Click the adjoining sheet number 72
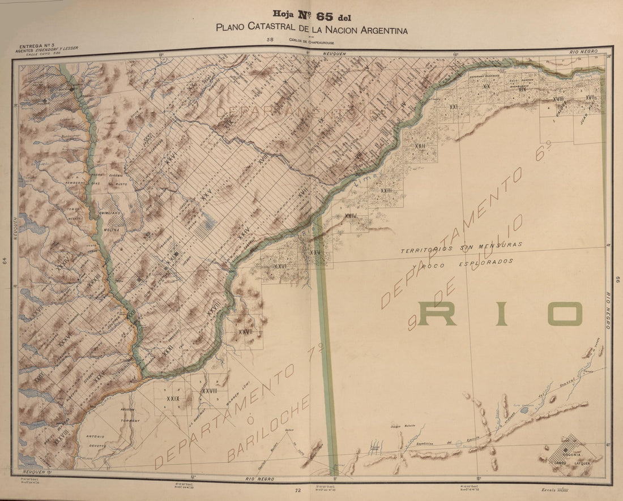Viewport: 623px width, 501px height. pos(297,490)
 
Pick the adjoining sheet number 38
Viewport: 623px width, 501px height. pos(270,40)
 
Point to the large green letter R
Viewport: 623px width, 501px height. pos(437,314)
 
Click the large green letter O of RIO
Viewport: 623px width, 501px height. pos(560,314)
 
